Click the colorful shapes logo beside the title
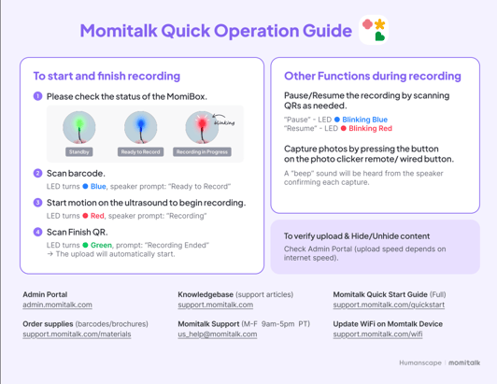tap(374, 31)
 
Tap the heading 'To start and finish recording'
tap(106, 76)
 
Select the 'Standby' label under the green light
tap(79, 151)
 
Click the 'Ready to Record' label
tap(140, 151)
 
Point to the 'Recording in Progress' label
tap(203, 151)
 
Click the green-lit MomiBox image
tap(79, 127)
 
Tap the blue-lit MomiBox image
tap(140, 127)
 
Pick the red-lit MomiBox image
tap(201, 127)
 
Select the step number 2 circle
tap(38, 173)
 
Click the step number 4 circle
tap(38, 231)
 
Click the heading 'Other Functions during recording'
tap(372, 76)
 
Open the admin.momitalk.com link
tap(57, 305)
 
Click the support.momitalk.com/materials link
tap(77, 334)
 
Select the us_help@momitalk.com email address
tap(217, 334)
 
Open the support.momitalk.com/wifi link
tap(377, 334)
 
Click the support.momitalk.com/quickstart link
tap(389, 305)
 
